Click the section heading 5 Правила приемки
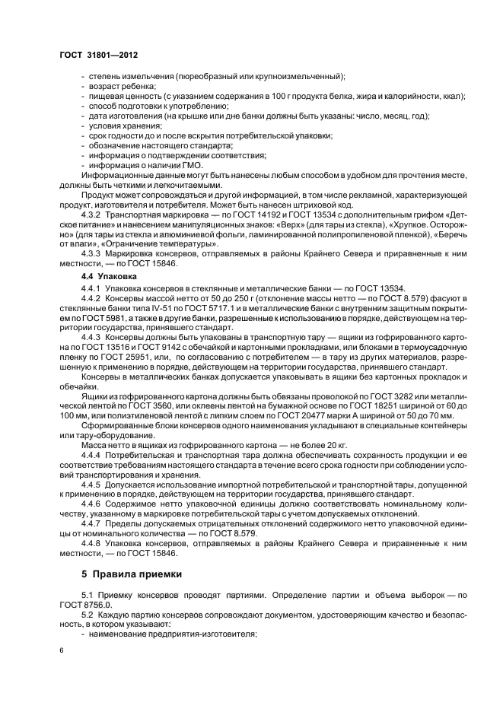click(x=131, y=572)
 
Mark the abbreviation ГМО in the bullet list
click(x=174, y=163)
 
